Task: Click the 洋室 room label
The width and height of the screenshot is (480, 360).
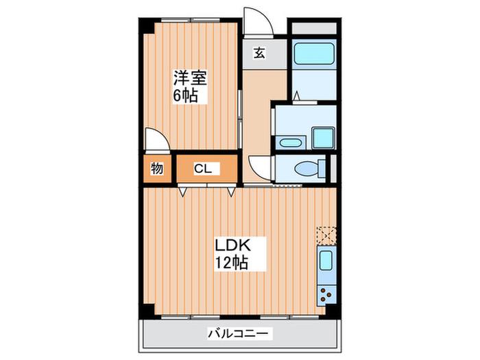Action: (x=191, y=77)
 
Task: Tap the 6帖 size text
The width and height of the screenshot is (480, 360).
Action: (x=185, y=95)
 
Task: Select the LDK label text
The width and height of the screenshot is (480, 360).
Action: (x=233, y=245)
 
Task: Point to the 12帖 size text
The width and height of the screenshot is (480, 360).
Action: (x=231, y=263)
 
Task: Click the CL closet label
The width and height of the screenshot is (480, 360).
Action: (x=203, y=169)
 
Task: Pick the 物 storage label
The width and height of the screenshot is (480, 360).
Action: (x=157, y=169)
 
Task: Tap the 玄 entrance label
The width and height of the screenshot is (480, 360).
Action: (x=259, y=53)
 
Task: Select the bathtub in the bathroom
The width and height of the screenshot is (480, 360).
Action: (x=314, y=53)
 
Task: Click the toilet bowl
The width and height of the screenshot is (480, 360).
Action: (x=306, y=169)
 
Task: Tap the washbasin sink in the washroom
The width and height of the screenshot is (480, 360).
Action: (x=290, y=143)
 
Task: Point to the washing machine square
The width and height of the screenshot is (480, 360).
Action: (x=324, y=138)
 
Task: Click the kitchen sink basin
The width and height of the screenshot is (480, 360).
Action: (x=326, y=261)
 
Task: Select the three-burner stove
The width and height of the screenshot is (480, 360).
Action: (x=325, y=294)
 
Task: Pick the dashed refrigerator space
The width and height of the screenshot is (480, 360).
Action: (x=326, y=235)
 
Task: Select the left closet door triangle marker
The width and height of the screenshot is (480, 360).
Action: (x=182, y=191)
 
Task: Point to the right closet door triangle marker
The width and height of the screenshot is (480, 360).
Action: (x=232, y=191)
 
